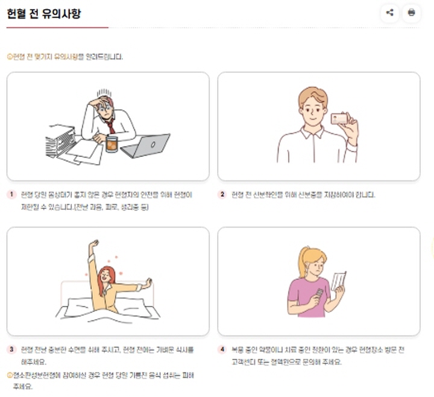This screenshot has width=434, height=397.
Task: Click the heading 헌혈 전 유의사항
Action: [x=43, y=13]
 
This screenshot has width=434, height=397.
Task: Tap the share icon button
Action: [x=389, y=13]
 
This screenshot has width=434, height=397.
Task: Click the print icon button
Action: [x=411, y=13]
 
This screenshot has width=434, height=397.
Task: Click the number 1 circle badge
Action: [x=11, y=195]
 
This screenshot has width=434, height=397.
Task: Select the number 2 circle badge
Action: [x=222, y=195]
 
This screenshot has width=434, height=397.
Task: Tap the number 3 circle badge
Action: [x=11, y=349]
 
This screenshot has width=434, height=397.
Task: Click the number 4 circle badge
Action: [x=222, y=349]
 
